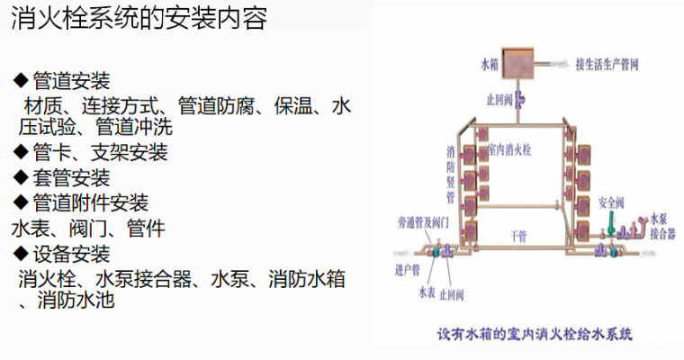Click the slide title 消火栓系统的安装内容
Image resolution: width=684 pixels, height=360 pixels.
[x=139, y=20]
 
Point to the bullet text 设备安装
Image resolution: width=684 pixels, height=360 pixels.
[x=71, y=253]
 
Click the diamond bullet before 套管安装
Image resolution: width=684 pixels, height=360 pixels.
[x=20, y=178]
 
